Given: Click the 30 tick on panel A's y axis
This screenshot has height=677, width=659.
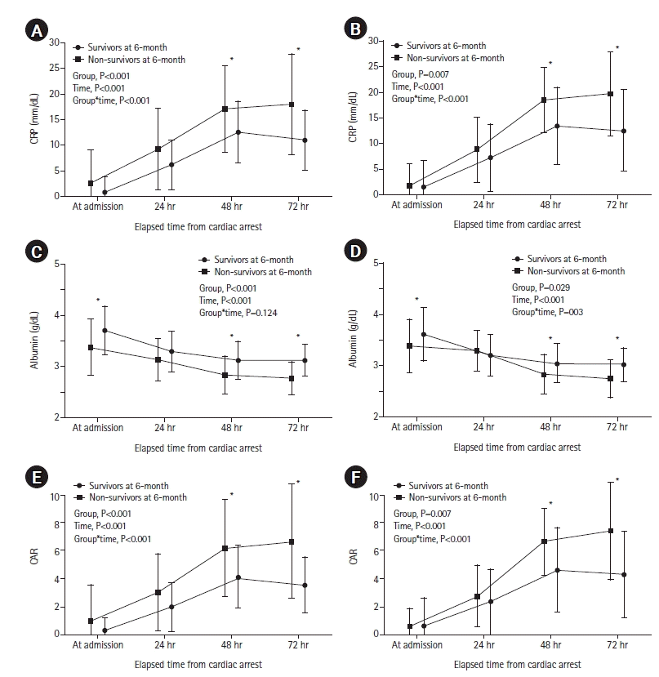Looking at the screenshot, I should coord(54,42).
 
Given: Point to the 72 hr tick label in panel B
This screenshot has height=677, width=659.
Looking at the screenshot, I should coord(617,205).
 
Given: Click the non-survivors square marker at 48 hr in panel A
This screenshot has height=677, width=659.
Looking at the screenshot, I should coord(225,109).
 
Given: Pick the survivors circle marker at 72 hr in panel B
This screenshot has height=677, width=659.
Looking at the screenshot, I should coord(624,131).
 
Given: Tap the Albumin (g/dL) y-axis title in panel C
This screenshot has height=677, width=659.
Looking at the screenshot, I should coord(33,340).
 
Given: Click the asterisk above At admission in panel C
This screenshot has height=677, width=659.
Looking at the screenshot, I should coord(97,300).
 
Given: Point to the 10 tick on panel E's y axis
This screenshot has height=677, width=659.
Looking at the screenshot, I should coord(54,496).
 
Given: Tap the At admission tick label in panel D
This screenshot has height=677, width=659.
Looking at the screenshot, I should coord(416,427).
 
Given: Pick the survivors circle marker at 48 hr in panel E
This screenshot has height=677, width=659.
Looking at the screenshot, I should coord(238,577).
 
